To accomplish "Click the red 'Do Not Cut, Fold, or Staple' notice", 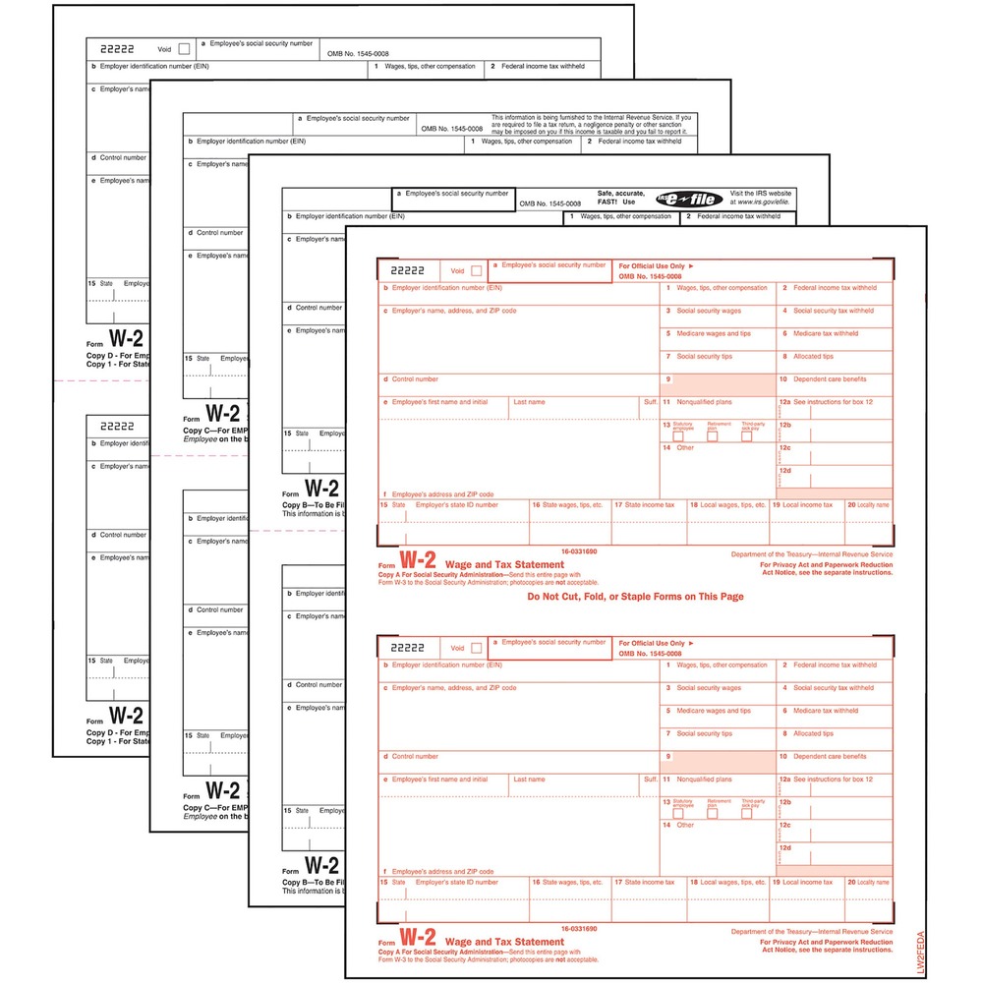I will point(635,597).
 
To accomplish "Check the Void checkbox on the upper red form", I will point(477,271).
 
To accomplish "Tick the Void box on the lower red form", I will point(477,648).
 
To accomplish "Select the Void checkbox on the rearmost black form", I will point(183,49).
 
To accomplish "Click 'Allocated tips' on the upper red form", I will point(813,357).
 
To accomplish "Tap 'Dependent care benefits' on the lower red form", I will point(830,757).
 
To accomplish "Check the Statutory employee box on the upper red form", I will point(678,435).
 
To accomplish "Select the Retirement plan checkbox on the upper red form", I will point(713,435).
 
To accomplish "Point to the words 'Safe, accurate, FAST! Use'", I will point(622,199).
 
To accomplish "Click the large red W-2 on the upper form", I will point(417,560).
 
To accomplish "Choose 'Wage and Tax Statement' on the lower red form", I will point(491,942).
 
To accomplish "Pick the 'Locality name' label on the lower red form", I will point(872,883).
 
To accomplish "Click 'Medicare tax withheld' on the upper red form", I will point(825,333).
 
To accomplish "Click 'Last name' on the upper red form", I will point(529,402).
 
